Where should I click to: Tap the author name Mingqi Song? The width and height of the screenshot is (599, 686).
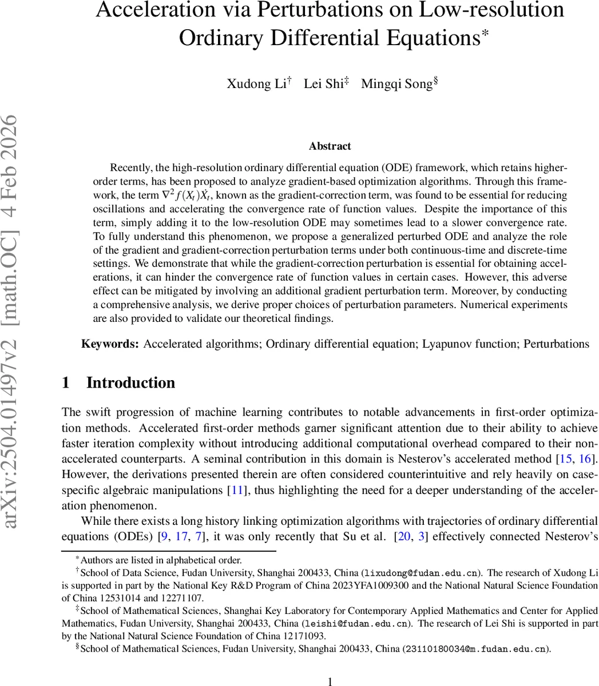(x=396, y=84)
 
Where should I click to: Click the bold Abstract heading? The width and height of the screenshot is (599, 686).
(x=330, y=146)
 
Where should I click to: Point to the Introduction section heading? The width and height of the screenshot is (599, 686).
(x=130, y=382)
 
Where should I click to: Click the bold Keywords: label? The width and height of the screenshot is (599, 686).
(x=110, y=344)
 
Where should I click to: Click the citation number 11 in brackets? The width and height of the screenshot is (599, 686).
(x=236, y=490)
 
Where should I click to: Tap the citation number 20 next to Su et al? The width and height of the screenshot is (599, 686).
(x=404, y=536)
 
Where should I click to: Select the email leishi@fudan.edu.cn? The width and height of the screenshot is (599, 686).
(x=355, y=623)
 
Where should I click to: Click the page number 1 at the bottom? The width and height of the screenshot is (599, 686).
(x=330, y=680)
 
